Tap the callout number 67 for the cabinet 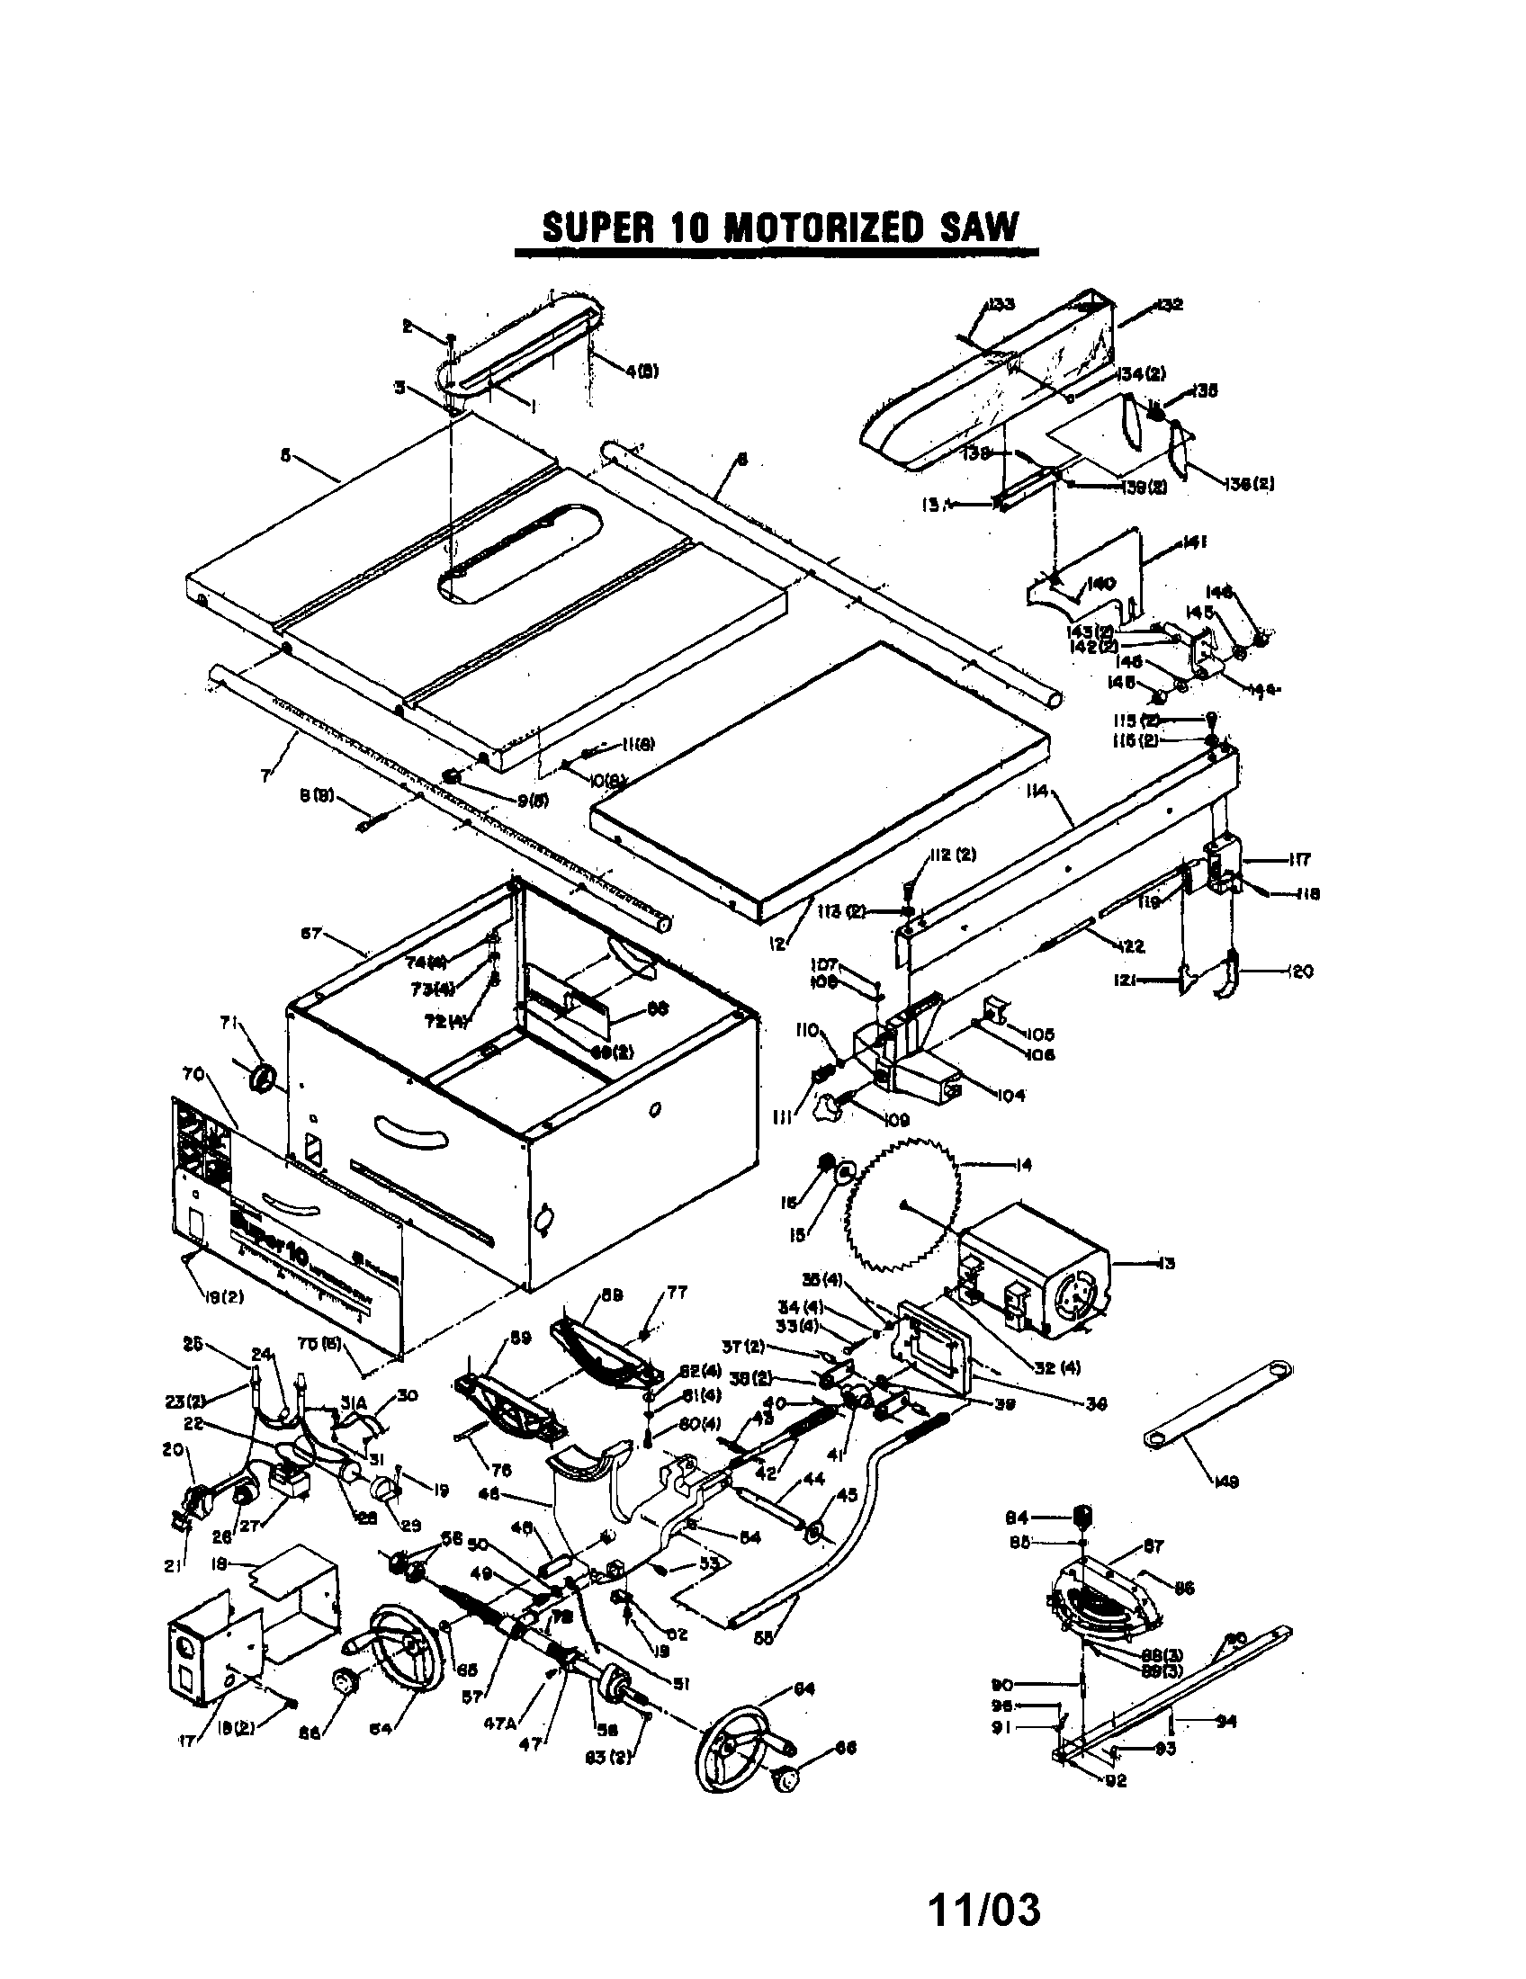click(310, 934)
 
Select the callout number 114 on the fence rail click(1038, 791)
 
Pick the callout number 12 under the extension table click(777, 945)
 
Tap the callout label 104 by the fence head click(1011, 1095)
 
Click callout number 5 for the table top click(285, 456)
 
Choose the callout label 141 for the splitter click(1191, 542)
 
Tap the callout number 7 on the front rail click(265, 776)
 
